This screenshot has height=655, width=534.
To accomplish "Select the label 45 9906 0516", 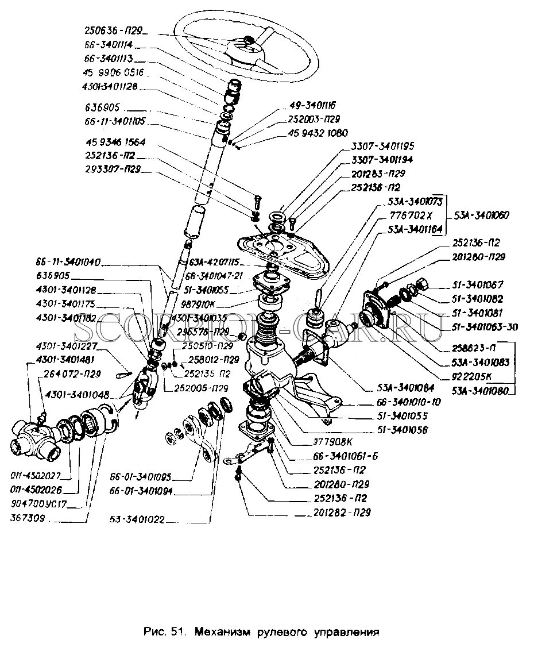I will point(113,73).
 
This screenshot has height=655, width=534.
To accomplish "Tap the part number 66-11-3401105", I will point(115,121).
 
